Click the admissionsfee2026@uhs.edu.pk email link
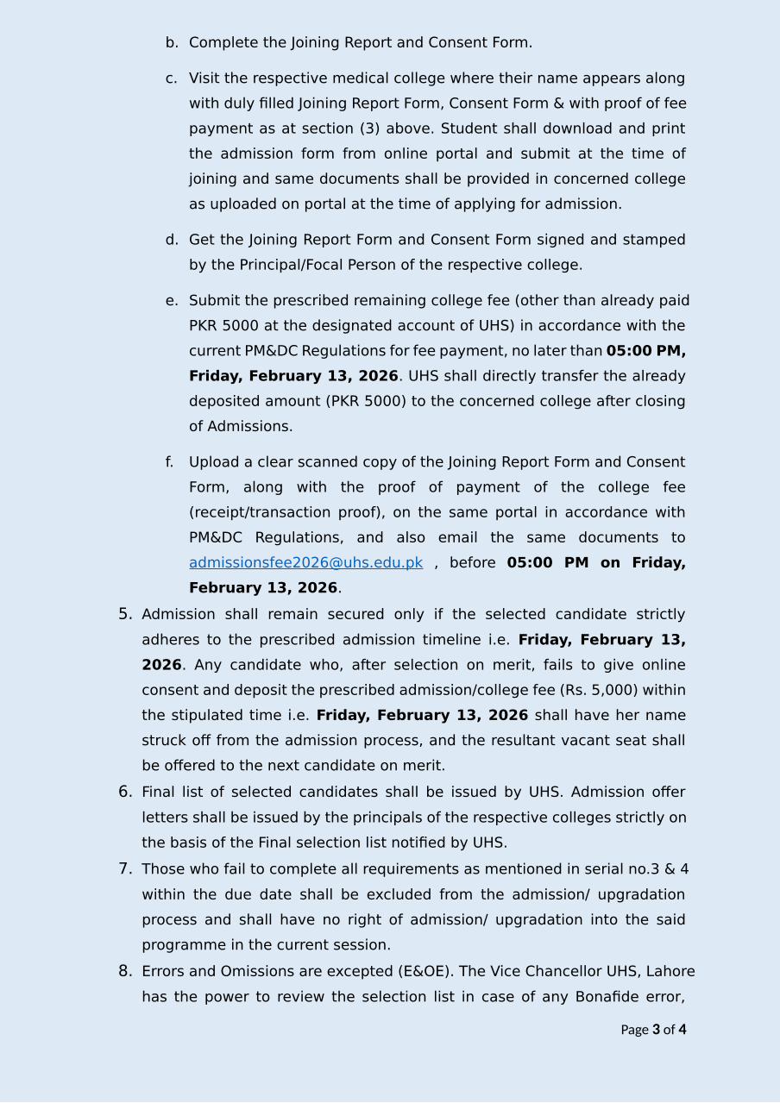click(x=305, y=563)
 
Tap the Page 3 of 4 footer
click(x=653, y=1030)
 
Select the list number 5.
click(x=125, y=614)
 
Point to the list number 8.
click(x=125, y=971)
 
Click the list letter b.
click(x=171, y=42)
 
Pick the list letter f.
click(x=170, y=462)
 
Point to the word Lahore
click(x=670, y=971)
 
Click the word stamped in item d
click(x=654, y=240)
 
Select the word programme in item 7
click(x=179, y=945)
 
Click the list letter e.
click(x=171, y=301)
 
